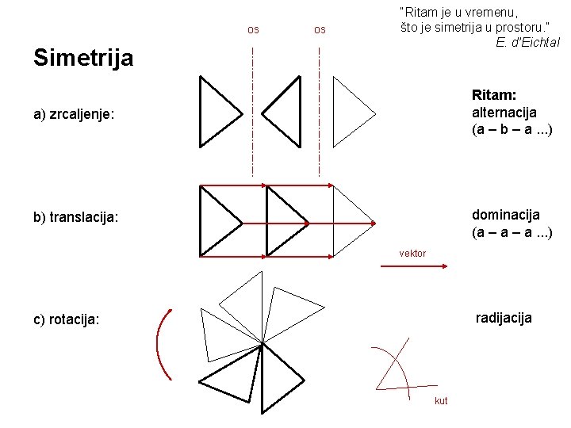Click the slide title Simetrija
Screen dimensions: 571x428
click(83, 58)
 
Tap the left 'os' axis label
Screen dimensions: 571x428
click(253, 30)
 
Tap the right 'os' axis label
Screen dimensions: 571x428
click(320, 30)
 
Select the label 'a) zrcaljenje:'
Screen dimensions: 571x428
click(75, 115)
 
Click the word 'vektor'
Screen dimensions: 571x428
click(412, 254)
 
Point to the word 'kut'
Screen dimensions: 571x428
click(441, 401)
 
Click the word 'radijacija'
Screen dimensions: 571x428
click(504, 318)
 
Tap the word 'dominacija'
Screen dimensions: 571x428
click(505, 215)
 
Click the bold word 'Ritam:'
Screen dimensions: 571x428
click(494, 95)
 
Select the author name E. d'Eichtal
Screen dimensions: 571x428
click(527, 42)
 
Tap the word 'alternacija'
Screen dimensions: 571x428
click(504, 113)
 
